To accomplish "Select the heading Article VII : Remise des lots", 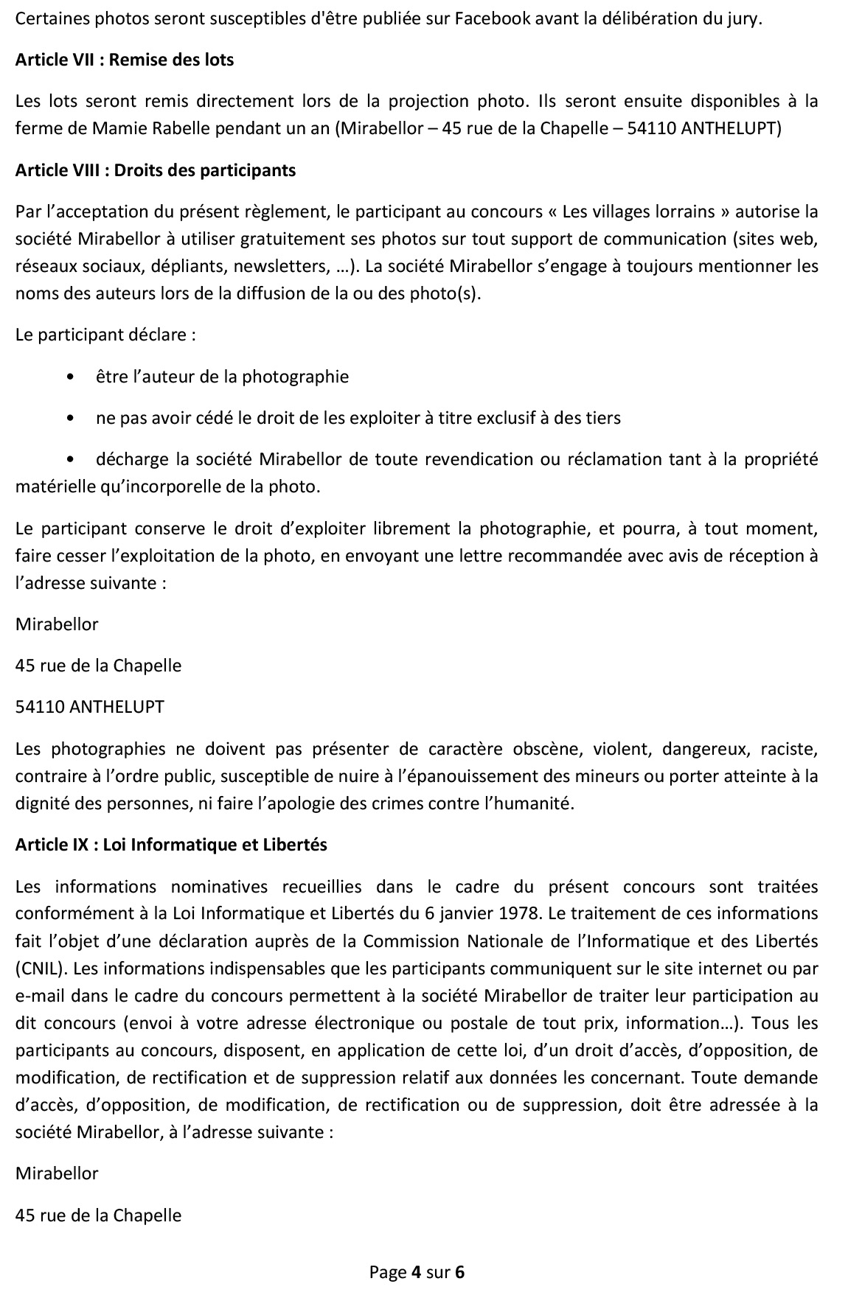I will [125, 60].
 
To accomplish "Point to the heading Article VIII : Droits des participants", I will [156, 170].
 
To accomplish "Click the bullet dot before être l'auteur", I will [70, 377].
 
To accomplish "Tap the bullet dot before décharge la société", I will [70, 460].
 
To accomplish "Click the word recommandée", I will [573, 556].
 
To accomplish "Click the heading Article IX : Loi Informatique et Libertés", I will [171, 845].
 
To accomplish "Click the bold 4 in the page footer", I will [415, 1271].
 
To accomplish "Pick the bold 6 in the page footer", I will [460, 1271].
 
